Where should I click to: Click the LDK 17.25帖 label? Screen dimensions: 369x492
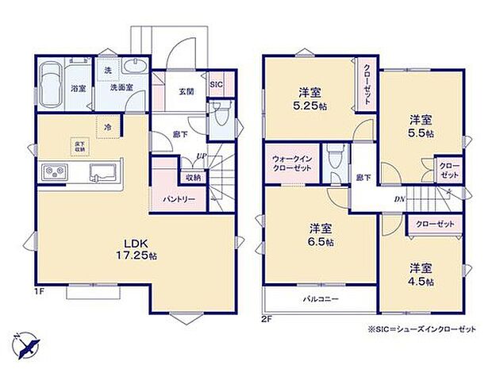pyautogui.click(x=133, y=250)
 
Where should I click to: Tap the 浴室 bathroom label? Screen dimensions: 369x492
pyautogui.click(x=77, y=87)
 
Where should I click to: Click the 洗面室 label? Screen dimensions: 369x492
pyautogui.click(x=121, y=87)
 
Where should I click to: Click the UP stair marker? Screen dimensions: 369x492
pyautogui.click(x=203, y=156)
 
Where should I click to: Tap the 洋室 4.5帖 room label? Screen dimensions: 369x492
pyautogui.click(x=421, y=275)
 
